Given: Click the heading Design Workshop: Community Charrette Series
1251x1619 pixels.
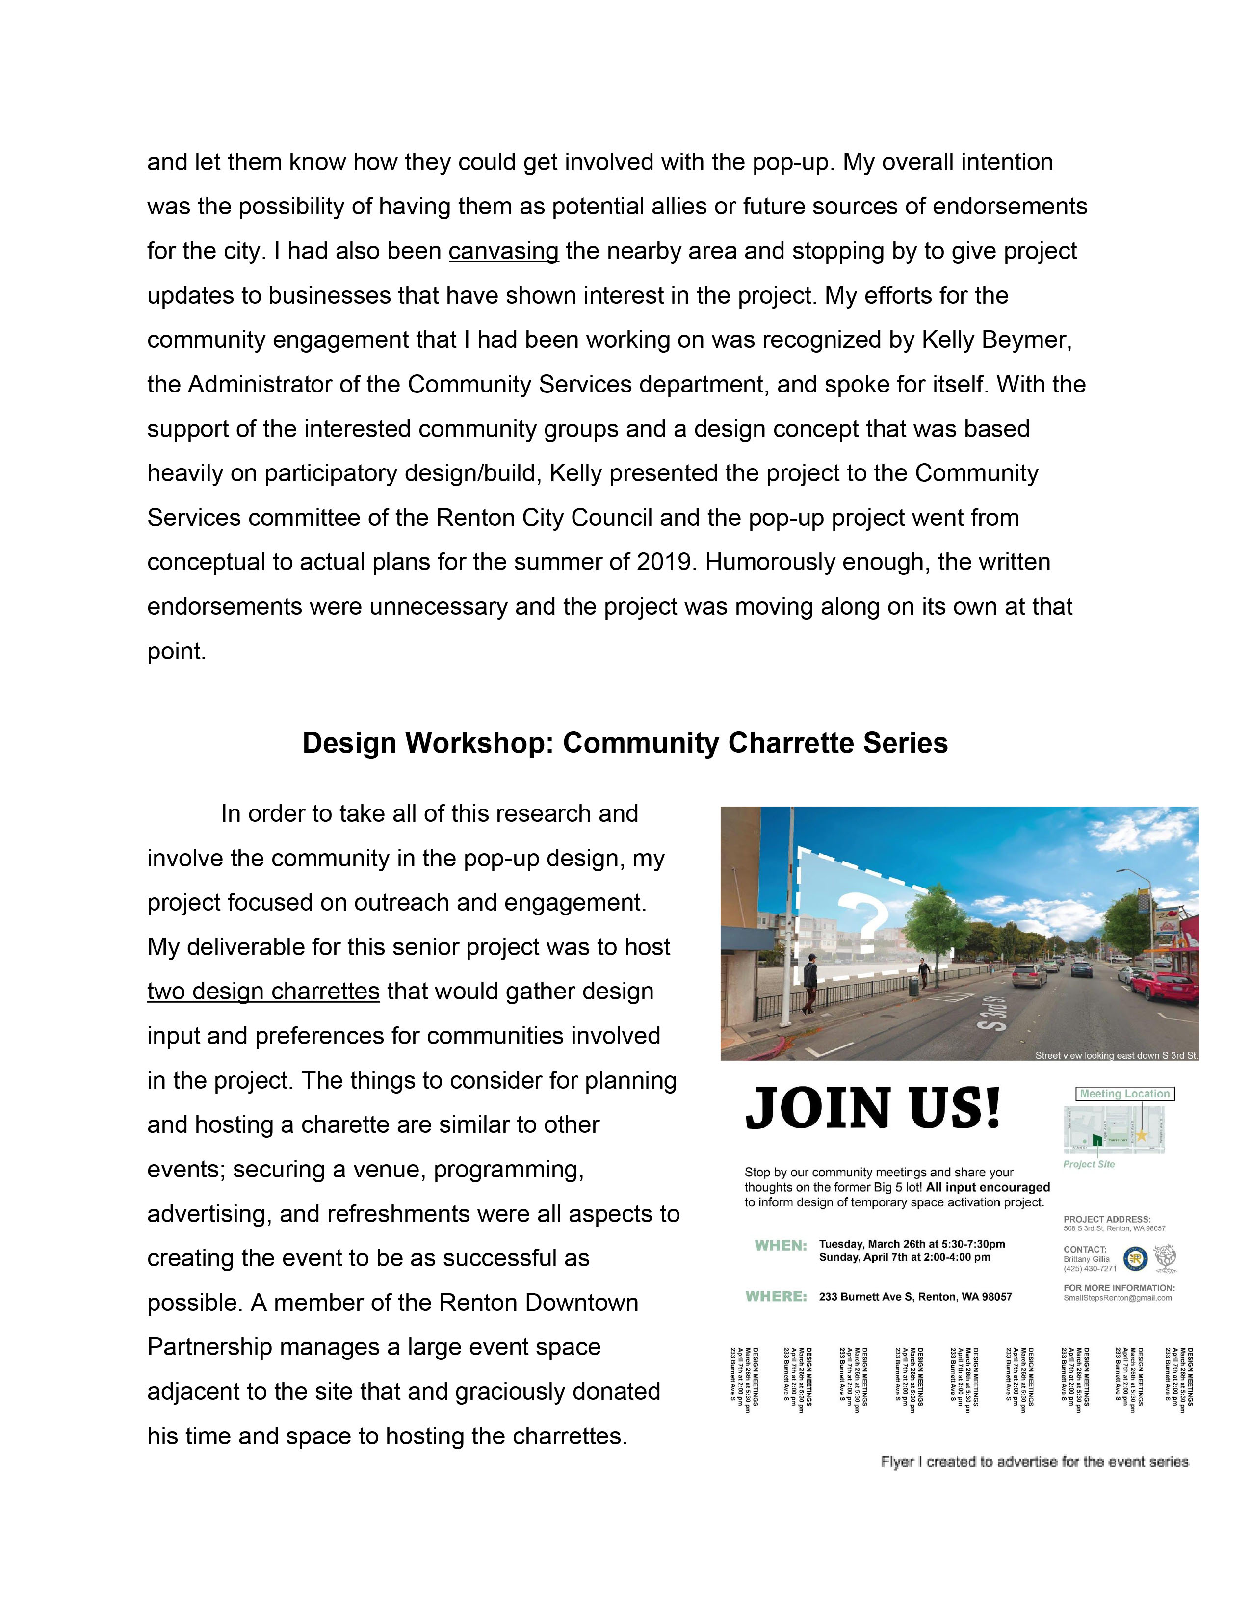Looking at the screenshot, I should tap(625, 744).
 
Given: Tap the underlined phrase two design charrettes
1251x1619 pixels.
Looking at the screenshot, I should tap(263, 992).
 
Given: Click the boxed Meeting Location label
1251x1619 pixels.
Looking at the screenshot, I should tap(1124, 1094).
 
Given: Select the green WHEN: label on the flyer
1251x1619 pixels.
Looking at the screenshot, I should tap(781, 1246).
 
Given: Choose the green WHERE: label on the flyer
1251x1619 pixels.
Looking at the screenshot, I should tap(776, 1297).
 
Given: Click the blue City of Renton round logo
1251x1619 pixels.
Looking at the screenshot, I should tap(1135, 1258).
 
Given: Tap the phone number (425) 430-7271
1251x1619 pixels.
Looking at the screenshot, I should tap(1090, 1268).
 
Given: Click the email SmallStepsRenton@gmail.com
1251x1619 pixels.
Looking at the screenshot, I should tap(1118, 1298).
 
